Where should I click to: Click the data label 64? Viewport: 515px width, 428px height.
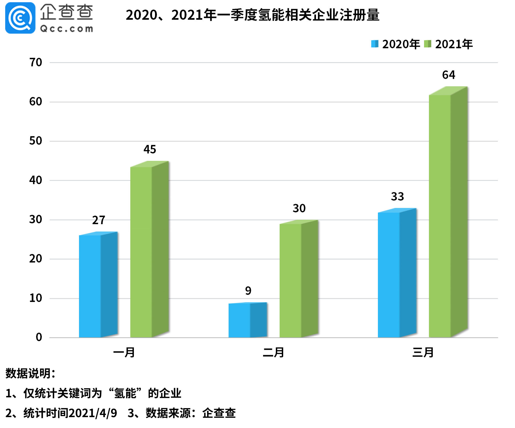tap(448, 75)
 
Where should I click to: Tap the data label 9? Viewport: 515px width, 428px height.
tap(248, 291)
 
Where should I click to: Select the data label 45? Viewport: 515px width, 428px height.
tap(150, 149)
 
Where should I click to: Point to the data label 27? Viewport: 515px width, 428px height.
tap(99, 220)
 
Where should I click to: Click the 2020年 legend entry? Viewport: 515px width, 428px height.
tap(395, 44)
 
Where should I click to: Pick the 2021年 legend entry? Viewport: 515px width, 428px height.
tap(448, 44)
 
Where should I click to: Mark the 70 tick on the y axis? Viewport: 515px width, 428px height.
tap(36, 63)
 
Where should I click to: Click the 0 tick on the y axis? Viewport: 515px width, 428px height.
tap(39, 337)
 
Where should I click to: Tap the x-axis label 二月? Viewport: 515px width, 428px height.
tap(273, 353)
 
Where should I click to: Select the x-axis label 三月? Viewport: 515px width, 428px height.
tap(423, 353)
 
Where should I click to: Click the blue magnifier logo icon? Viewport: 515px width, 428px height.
tap(20, 18)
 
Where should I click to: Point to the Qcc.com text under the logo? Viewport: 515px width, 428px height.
tap(67, 29)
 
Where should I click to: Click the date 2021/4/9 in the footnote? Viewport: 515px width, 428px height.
tap(93, 413)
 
